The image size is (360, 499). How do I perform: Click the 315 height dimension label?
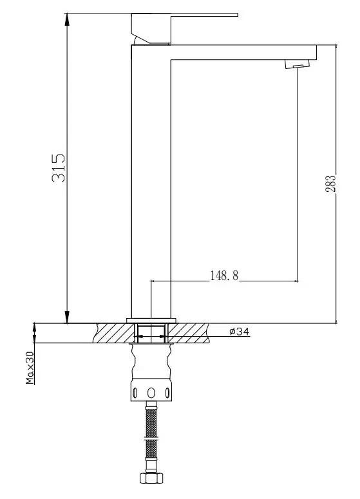click(59, 168)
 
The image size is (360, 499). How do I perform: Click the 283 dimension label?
click(330, 184)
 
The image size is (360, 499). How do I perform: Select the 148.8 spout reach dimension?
click(224, 276)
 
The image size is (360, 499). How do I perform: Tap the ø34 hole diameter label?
click(240, 332)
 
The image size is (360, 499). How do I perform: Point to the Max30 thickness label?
click(30, 368)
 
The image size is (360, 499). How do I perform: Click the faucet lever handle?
click(178, 27)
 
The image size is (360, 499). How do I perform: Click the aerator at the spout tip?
click(297, 64)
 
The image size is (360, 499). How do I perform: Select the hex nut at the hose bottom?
click(151, 478)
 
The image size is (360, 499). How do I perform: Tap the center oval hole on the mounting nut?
click(151, 393)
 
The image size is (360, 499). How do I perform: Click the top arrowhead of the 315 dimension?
click(67, 20)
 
